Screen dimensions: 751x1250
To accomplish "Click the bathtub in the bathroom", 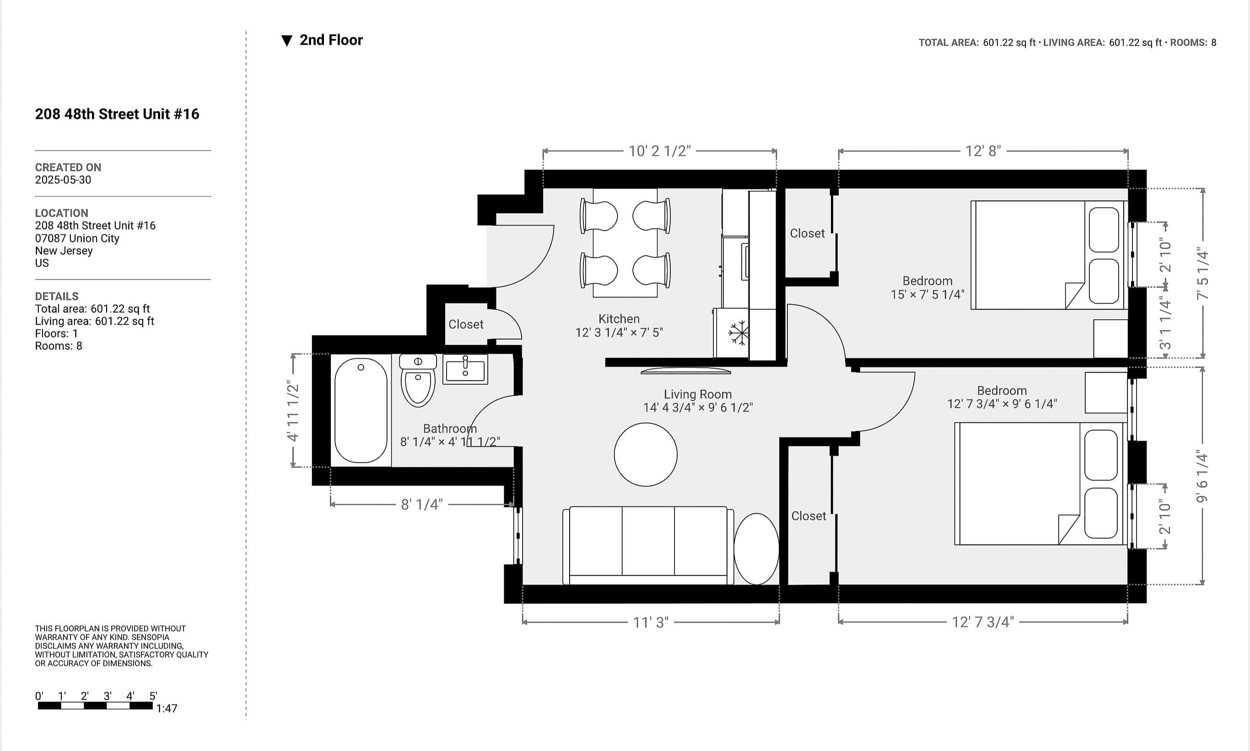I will tap(361, 410).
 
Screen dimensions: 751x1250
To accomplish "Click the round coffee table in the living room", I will tap(646, 455).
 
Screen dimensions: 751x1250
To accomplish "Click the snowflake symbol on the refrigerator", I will tap(738, 333).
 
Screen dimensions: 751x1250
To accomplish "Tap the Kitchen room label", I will tap(619, 319).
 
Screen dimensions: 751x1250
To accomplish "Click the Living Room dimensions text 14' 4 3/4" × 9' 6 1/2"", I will tap(698, 408).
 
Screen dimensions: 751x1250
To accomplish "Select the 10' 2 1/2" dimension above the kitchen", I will tap(659, 151).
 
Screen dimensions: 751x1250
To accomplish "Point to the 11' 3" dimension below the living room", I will tap(651, 622).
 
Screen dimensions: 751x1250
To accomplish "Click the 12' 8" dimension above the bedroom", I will tap(983, 151).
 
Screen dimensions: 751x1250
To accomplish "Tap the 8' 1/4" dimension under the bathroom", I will tap(421, 504).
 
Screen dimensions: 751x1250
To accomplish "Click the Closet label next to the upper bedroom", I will tap(807, 233).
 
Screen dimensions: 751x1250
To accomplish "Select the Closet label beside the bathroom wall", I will tap(465, 324).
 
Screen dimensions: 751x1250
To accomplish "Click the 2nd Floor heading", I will tap(331, 40).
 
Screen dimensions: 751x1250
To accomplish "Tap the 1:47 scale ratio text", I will tap(167, 708).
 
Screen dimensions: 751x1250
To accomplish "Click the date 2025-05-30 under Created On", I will tap(63, 180).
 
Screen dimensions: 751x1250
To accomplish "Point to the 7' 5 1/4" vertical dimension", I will tap(1202, 273).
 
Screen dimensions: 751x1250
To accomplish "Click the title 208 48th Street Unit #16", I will tap(117, 114).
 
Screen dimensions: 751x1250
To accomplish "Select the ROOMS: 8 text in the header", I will tap(1193, 43).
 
